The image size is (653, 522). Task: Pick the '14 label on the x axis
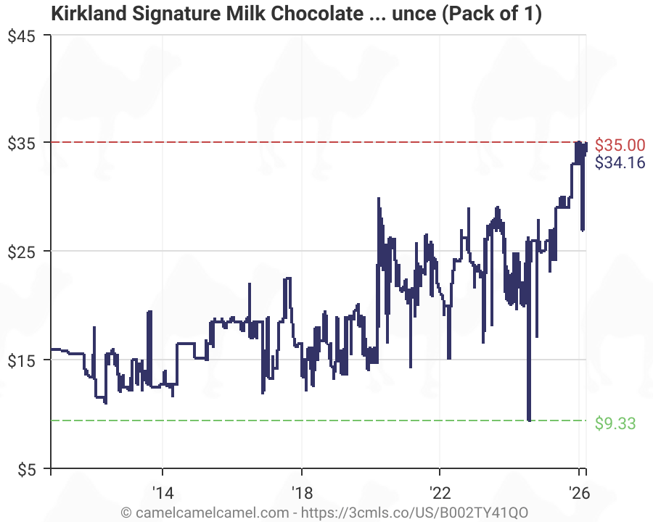coord(163,490)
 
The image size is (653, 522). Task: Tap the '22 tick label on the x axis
coord(440,490)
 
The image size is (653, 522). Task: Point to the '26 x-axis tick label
coord(579,490)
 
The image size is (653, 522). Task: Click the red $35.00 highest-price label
coord(620,144)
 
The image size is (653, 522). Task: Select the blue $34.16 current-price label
coord(620,162)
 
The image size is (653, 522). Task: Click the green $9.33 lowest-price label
coord(615,423)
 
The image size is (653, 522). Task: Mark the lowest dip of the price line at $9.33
coord(529,420)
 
